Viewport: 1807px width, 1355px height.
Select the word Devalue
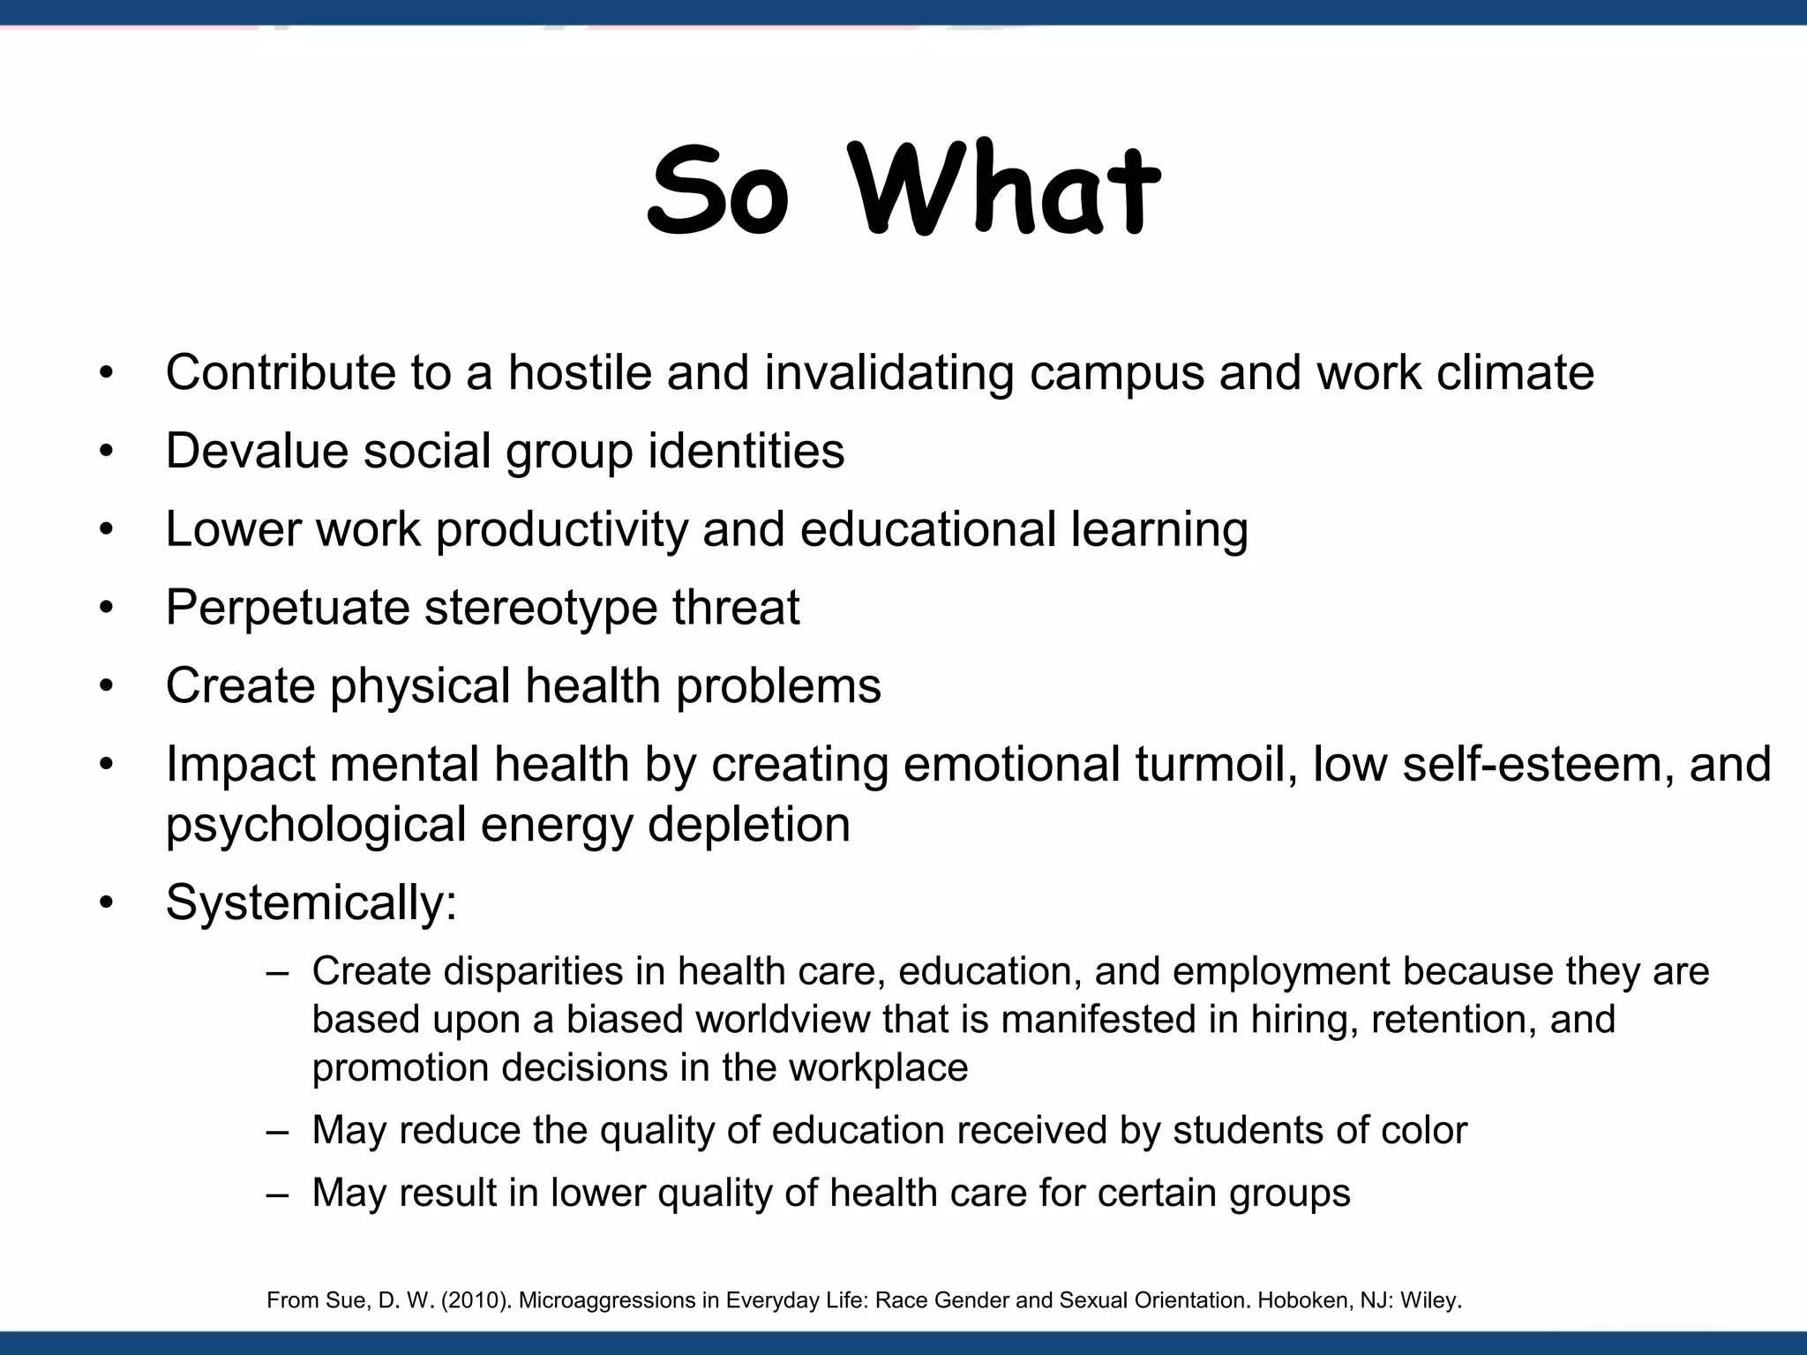click(256, 451)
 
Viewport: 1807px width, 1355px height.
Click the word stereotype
click(540, 609)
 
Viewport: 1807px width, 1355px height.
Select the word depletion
click(748, 825)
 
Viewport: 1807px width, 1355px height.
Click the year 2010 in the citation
click(482, 1300)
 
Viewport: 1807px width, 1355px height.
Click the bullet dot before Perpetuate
click(107, 609)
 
